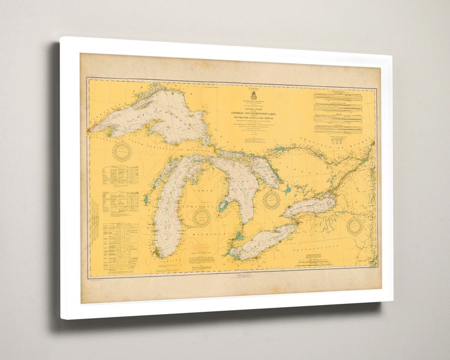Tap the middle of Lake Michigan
(x=168, y=215)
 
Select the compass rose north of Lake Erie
(x=272, y=199)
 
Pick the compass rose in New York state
(x=355, y=225)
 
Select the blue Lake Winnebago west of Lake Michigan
(x=146, y=200)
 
